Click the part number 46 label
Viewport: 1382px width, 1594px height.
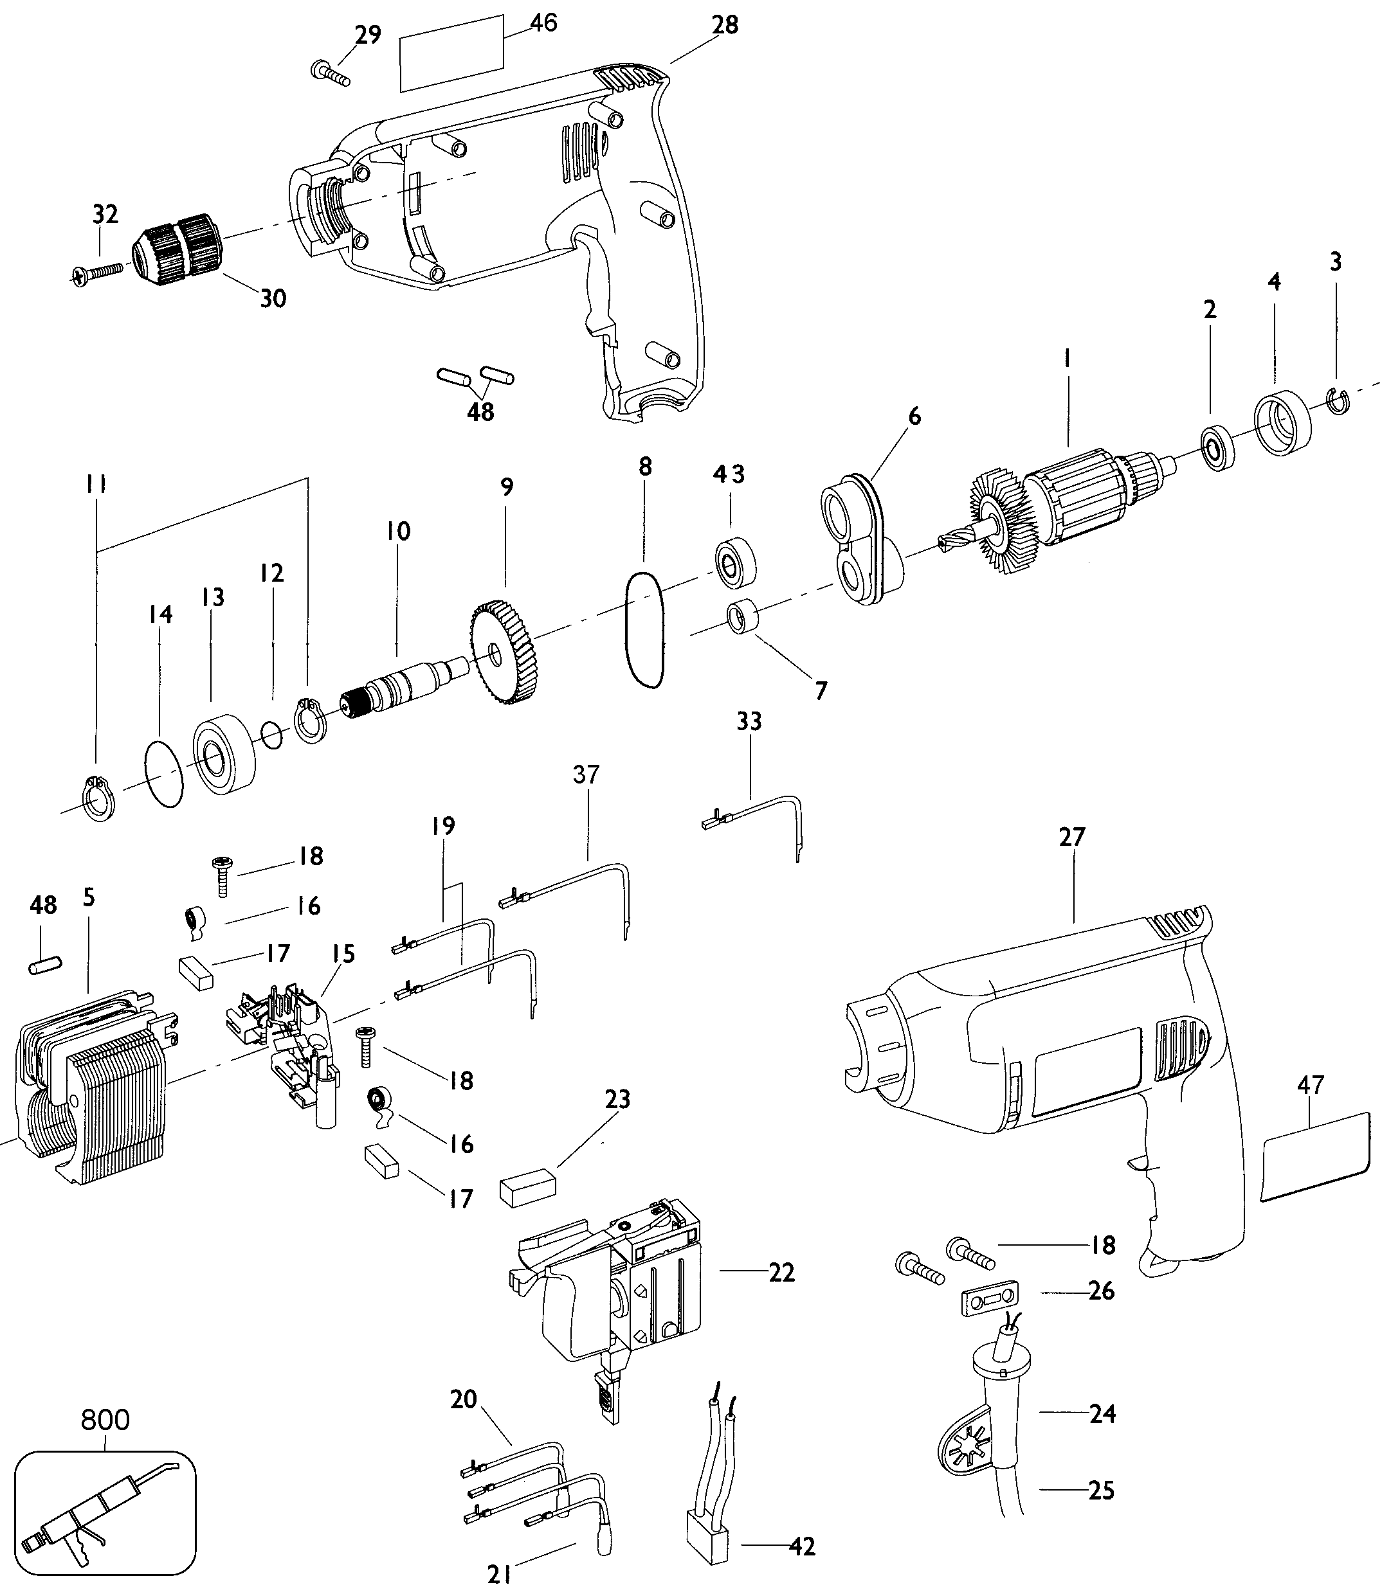click(x=543, y=23)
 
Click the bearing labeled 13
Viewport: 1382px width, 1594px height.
click(x=224, y=751)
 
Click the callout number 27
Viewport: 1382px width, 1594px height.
click(x=1072, y=836)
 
